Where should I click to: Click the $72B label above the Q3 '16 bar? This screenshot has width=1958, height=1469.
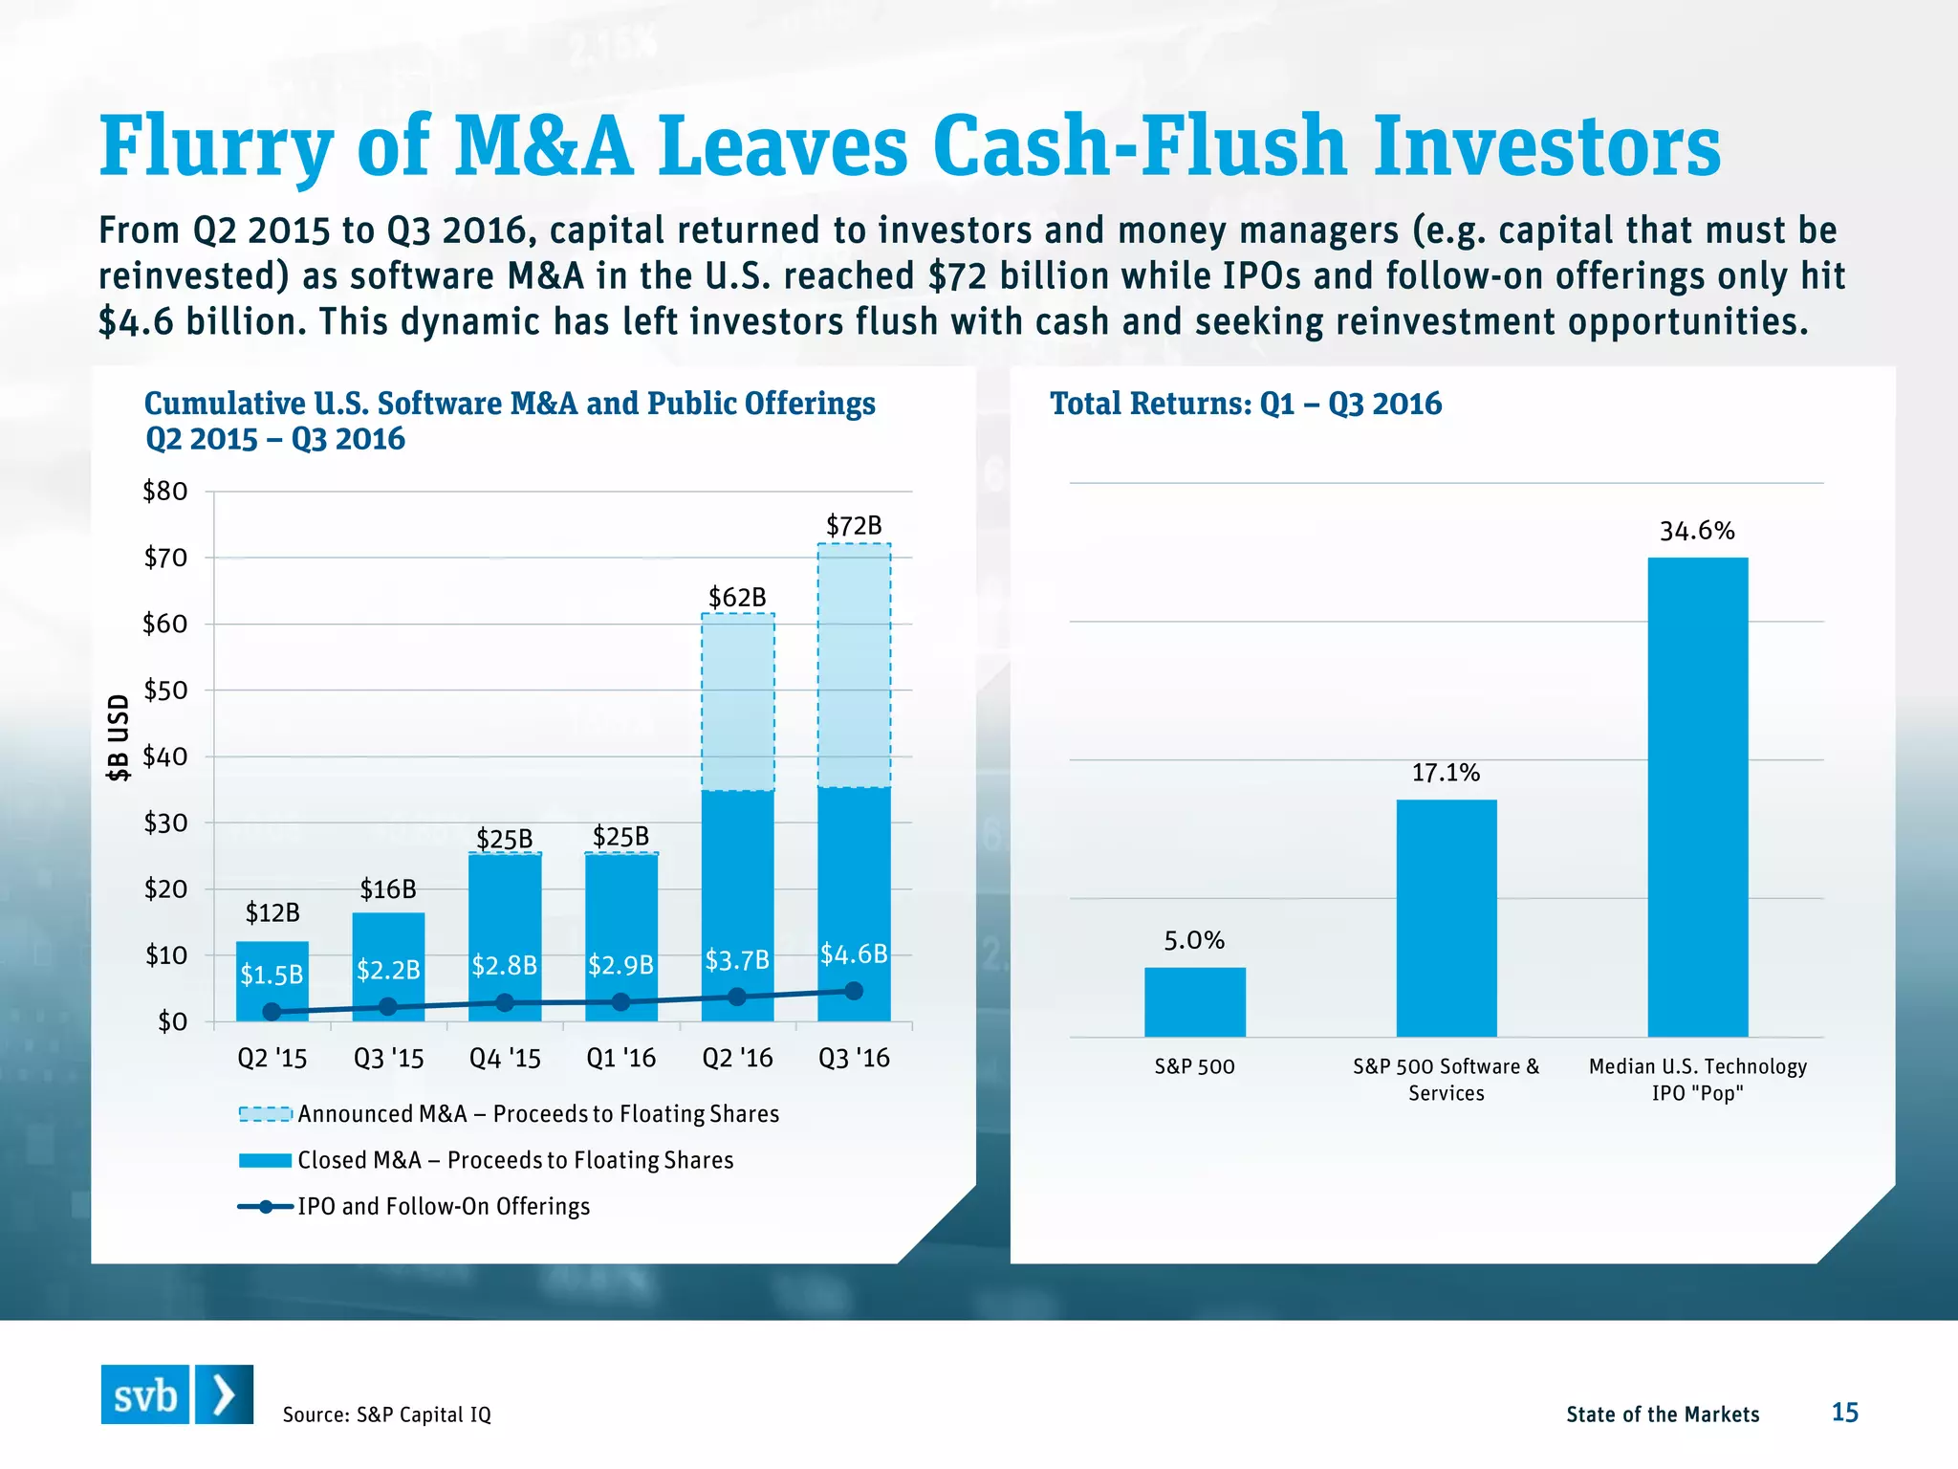pos(854,526)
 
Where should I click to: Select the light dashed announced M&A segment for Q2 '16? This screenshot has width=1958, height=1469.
pos(737,702)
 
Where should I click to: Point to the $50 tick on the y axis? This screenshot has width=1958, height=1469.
pos(165,691)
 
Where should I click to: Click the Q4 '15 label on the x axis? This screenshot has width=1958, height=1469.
pos(505,1059)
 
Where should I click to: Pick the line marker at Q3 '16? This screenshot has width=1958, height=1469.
pos(854,992)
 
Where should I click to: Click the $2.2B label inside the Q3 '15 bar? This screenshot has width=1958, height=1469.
pos(388,971)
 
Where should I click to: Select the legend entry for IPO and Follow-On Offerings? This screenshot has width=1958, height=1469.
pos(443,1207)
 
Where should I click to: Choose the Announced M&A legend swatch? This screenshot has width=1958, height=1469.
pos(265,1114)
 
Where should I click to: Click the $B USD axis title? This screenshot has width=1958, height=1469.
pos(118,737)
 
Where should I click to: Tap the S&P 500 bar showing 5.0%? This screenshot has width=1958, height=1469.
pos(1194,1001)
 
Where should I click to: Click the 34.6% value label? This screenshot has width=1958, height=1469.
pos(1697,532)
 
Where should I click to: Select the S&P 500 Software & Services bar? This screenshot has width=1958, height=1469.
pos(1446,918)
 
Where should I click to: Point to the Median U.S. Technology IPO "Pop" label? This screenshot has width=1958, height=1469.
pos(1697,1080)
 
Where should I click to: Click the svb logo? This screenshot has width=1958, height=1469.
pos(177,1395)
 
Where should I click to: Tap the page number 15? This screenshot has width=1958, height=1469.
pos(1844,1413)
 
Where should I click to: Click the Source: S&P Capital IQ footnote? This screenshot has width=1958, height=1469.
pos(386,1414)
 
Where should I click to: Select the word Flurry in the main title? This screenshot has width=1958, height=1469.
pos(216,148)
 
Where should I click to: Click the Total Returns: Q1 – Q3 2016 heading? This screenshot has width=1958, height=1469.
pos(1245,404)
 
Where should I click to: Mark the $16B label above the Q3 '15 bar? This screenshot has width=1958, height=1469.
pos(388,890)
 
